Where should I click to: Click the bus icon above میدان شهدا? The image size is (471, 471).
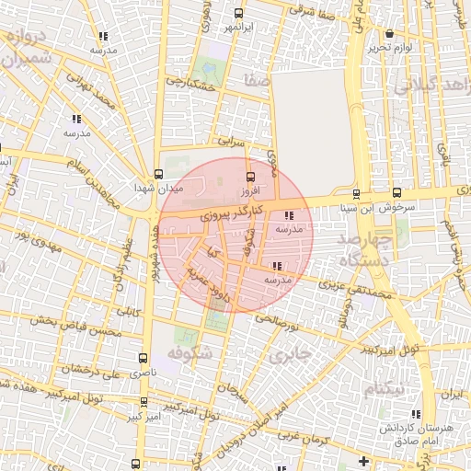[158, 174]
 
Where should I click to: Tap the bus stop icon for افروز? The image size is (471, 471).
[248, 177]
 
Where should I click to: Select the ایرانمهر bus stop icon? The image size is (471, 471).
[239, 14]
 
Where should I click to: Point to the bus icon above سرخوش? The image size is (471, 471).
[396, 192]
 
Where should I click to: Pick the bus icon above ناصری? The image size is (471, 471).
[142, 358]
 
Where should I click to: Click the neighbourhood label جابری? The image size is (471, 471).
[293, 352]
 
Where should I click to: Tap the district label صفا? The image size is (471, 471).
[257, 83]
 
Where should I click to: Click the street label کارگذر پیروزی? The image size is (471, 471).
[220, 213]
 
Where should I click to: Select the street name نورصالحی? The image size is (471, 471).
[279, 322]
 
